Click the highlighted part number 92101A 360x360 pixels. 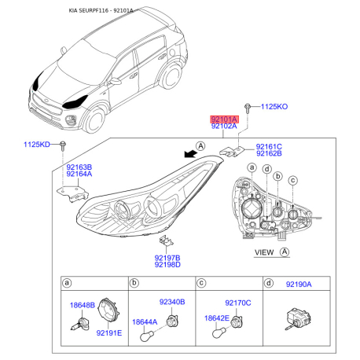223,117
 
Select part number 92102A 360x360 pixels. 223,126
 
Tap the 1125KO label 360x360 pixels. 274,105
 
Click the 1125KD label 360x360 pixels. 36,145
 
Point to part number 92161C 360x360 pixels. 269,146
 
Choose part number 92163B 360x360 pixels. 79,167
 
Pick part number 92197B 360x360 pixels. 167,257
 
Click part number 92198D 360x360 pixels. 167,265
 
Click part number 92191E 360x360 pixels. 109,334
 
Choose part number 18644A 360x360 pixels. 145,321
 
